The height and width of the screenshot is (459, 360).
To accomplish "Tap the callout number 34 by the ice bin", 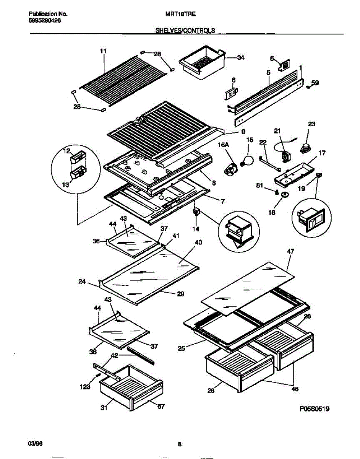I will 241,58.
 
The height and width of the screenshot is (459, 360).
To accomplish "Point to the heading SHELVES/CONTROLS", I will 185,30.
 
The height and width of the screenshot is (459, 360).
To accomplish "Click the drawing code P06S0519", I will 315,409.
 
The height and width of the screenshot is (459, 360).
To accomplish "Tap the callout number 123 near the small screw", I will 85,387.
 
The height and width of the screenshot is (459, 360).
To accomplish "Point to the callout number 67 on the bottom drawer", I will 161,407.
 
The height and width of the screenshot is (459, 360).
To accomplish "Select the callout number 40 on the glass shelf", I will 198,242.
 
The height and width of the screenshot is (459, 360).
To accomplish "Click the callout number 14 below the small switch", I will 196,229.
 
